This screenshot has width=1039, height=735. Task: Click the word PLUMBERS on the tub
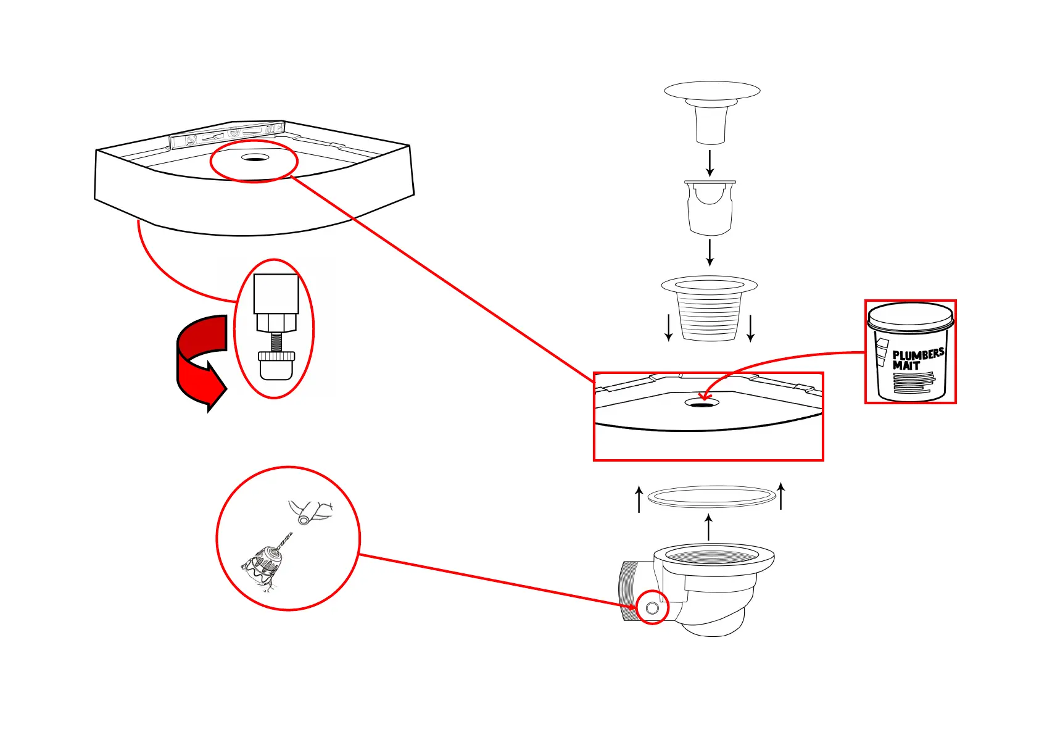(917, 355)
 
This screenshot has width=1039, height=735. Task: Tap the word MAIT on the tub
(906, 365)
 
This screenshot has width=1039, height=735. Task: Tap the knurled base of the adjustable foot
(276, 357)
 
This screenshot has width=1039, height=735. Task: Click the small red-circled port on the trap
(652, 608)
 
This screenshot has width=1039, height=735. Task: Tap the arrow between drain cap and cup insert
(710, 163)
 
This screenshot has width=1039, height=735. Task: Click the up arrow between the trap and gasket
(709, 528)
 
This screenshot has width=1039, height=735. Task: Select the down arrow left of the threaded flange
(669, 328)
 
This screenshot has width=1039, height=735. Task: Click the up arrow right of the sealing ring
(781, 497)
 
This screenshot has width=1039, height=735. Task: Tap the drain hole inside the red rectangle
(702, 403)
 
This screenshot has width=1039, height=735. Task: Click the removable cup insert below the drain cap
(710, 208)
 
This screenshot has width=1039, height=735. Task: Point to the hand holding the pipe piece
(310, 511)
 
